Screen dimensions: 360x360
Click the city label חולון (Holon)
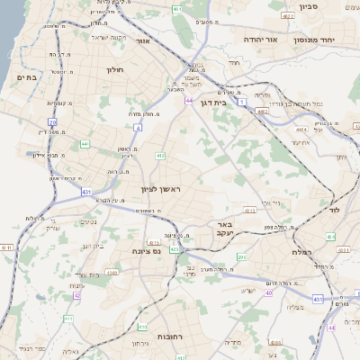(113, 70)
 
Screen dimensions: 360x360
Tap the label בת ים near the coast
(24, 78)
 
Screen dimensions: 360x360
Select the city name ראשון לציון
(161, 189)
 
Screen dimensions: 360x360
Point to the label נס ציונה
(145, 251)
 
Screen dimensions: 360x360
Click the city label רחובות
(170, 336)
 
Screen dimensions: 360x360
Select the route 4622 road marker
(287, 16)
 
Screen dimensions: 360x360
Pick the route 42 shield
(77, 295)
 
